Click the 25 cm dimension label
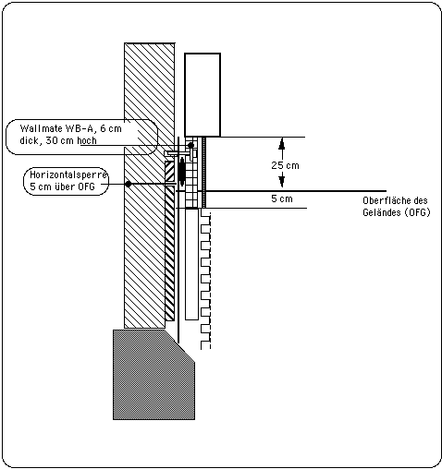tap(285, 165)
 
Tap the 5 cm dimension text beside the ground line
tap(282, 198)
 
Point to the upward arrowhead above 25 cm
tap(282, 144)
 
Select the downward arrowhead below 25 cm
tap(282, 181)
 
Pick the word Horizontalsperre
tap(68, 174)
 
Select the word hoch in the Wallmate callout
tap(87, 140)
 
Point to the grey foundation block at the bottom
tap(153, 375)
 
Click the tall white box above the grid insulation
tap(203, 95)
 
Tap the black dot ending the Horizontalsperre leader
tap(129, 184)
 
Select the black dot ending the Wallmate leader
tap(190, 145)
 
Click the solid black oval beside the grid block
tap(182, 172)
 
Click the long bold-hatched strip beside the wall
tap(169, 253)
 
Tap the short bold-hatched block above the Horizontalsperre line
tap(169, 172)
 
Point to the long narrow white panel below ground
tap(191, 265)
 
